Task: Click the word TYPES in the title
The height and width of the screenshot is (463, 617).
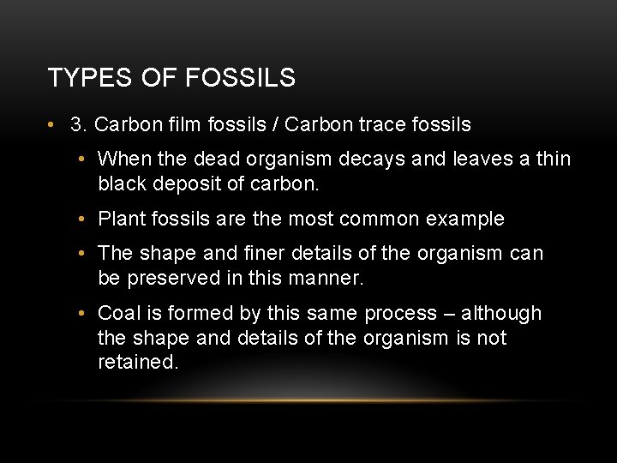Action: pyautogui.click(x=79, y=78)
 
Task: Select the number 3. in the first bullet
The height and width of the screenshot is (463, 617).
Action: pyautogui.click(x=80, y=125)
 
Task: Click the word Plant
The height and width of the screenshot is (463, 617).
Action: pyautogui.click(x=121, y=219)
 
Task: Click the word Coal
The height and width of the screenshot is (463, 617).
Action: pyautogui.click(x=119, y=314)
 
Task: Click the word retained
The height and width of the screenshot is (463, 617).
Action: pyautogui.click(x=138, y=362)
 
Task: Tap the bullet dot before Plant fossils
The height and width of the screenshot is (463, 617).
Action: pyautogui.click(x=80, y=219)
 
